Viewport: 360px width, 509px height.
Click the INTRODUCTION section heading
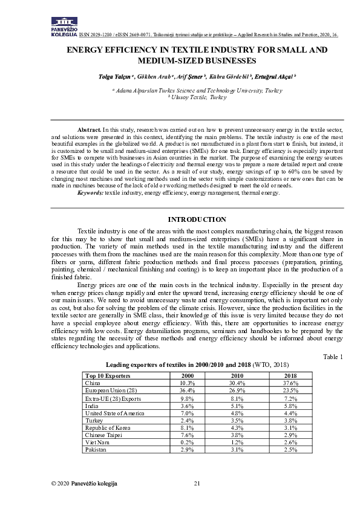click(197, 219)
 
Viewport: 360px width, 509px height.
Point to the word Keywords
click(90, 192)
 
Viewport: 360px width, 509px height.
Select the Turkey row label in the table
click(94, 420)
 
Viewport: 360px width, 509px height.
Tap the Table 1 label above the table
click(333, 357)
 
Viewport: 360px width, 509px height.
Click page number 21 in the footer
click(197, 483)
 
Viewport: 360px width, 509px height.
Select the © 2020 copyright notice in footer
click(84, 483)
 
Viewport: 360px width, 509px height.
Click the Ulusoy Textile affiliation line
click(197, 97)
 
